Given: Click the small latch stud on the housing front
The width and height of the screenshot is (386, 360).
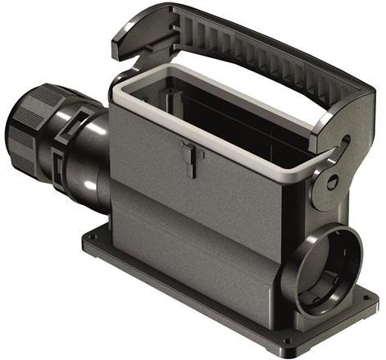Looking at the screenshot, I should pos(188,153).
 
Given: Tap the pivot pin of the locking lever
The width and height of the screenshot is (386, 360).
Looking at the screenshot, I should pos(331,179).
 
